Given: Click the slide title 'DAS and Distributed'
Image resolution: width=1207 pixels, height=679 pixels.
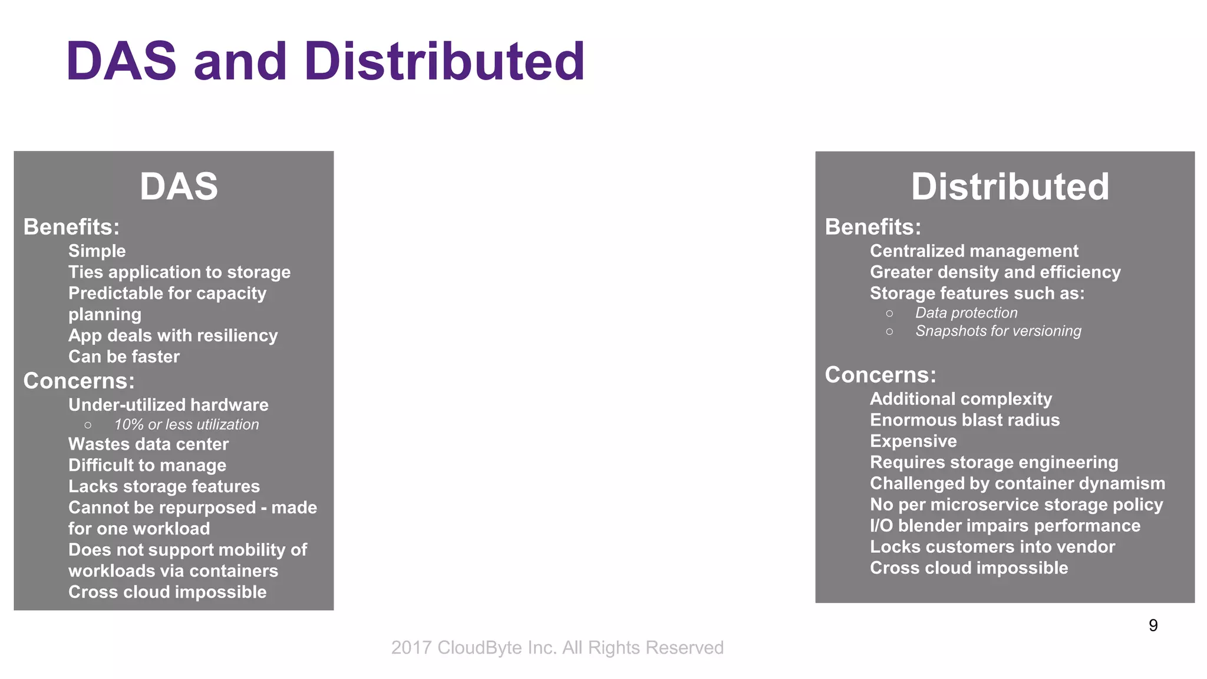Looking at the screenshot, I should pyautogui.click(x=325, y=61).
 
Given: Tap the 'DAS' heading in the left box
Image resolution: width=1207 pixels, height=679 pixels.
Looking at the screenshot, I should pyautogui.click(x=179, y=187).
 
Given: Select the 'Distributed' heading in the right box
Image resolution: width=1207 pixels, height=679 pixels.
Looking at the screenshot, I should pyautogui.click(x=1010, y=187).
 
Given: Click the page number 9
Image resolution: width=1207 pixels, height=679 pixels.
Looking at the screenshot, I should pyautogui.click(x=1153, y=625).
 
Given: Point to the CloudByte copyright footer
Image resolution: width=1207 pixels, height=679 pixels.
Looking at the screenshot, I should pyautogui.click(x=557, y=647).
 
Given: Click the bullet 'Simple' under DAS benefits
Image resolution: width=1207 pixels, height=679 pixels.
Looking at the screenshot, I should pyautogui.click(x=97, y=251).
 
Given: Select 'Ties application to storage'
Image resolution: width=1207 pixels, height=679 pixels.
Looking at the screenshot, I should pyautogui.click(x=179, y=272).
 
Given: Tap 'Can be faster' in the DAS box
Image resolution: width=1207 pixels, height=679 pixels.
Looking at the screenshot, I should pyautogui.click(x=124, y=357).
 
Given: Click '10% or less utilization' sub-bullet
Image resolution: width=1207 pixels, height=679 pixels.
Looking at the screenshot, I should pyautogui.click(x=186, y=424).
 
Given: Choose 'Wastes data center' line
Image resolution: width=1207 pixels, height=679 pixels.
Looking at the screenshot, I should pyautogui.click(x=149, y=444).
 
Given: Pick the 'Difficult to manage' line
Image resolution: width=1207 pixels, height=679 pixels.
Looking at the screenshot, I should pyautogui.click(x=147, y=466).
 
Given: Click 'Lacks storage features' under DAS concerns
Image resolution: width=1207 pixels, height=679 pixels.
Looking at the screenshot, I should pyautogui.click(x=164, y=487).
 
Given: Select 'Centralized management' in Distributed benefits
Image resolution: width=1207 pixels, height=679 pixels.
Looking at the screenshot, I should pyautogui.click(x=974, y=251).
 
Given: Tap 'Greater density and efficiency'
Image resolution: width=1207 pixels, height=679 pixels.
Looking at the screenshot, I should pyautogui.click(x=995, y=272).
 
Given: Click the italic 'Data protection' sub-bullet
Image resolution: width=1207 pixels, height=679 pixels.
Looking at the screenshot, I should pyautogui.click(x=966, y=313).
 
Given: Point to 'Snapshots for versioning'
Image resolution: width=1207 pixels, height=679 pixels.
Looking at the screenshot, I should pyautogui.click(x=998, y=331).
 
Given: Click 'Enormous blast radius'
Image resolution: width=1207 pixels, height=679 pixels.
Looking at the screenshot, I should pyautogui.click(x=964, y=420).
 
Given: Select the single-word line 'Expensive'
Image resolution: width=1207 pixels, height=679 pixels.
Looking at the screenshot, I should pyautogui.click(x=913, y=441).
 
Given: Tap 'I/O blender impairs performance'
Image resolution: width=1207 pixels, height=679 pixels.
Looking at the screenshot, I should pyautogui.click(x=1005, y=526).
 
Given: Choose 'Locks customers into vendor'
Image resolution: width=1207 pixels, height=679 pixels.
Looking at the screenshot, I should pyautogui.click(x=992, y=547).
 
